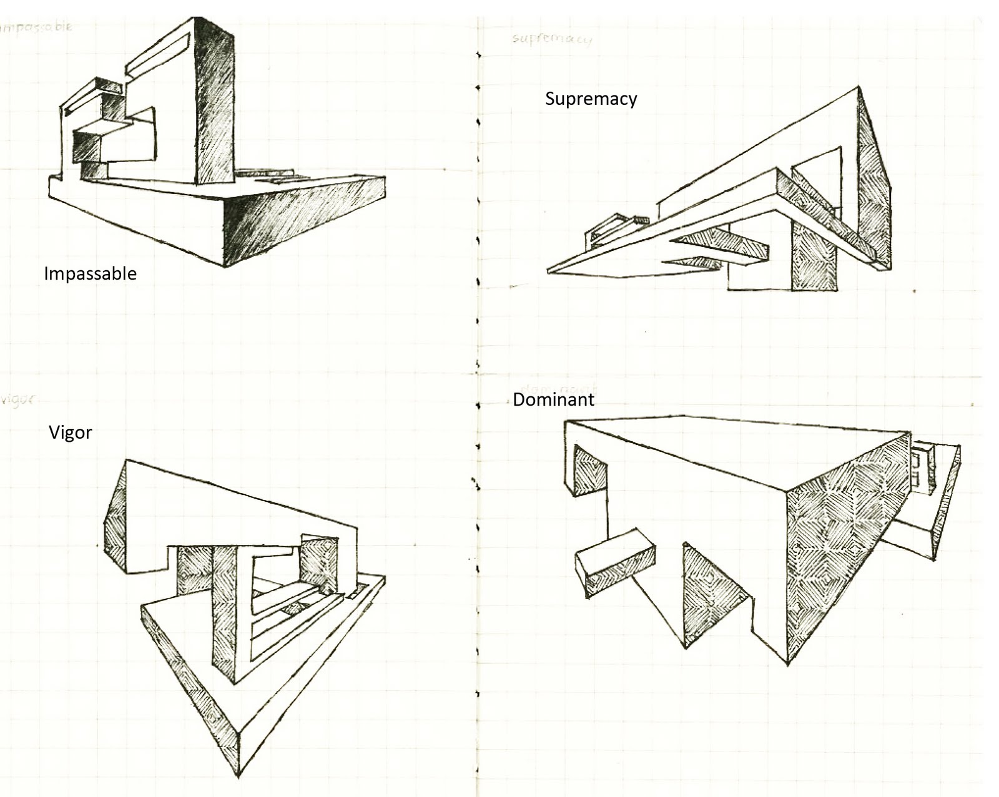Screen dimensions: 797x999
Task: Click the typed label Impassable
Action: pyautogui.click(x=90, y=273)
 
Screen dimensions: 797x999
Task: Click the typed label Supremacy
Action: pyautogui.click(x=591, y=99)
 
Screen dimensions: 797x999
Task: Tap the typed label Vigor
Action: pyautogui.click(x=70, y=432)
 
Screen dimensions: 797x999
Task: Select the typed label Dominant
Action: pyautogui.click(x=553, y=399)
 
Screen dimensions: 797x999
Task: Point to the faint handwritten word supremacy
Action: pyautogui.click(x=551, y=39)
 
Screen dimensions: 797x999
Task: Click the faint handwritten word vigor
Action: pyautogui.click(x=17, y=399)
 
